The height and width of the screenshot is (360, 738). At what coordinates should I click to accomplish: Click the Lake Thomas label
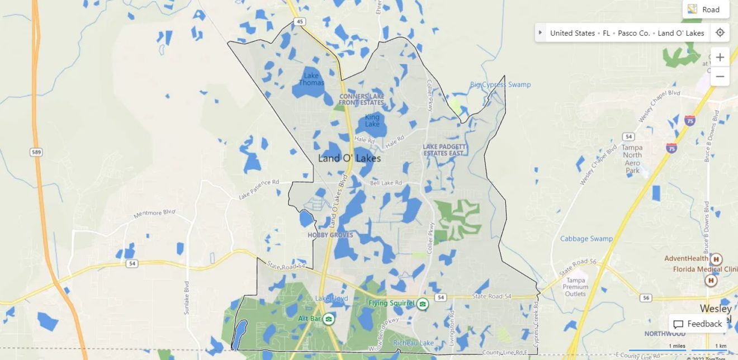click(x=311, y=79)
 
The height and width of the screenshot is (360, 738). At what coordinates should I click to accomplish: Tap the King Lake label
click(x=372, y=120)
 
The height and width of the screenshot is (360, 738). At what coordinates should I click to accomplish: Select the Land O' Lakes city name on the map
click(x=349, y=158)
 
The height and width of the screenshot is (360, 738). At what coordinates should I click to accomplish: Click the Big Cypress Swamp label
click(x=500, y=85)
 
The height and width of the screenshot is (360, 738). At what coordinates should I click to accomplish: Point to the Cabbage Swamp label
click(x=586, y=239)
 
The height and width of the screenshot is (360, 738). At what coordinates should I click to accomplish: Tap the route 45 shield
click(x=300, y=22)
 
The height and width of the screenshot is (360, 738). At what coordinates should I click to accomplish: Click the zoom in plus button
click(x=720, y=57)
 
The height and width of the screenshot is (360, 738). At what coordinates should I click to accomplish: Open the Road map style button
click(x=706, y=10)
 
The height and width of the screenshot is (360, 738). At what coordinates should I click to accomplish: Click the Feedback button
click(x=698, y=324)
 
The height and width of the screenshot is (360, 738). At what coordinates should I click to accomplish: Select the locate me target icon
click(x=720, y=32)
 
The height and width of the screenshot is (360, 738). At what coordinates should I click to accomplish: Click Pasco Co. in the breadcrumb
click(x=634, y=33)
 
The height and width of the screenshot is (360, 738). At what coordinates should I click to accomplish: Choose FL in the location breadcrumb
click(x=607, y=33)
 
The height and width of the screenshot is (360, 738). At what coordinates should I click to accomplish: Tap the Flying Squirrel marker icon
click(x=423, y=304)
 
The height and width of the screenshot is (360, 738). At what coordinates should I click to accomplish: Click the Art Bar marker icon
click(x=329, y=319)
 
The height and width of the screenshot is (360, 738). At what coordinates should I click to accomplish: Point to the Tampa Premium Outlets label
click(x=576, y=287)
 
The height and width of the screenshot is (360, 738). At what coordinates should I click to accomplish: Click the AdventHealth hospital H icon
click(x=716, y=259)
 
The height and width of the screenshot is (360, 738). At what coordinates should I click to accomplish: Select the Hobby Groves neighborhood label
click(x=330, y=235)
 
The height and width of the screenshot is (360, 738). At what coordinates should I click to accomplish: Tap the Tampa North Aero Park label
click(x=632, y=159)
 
